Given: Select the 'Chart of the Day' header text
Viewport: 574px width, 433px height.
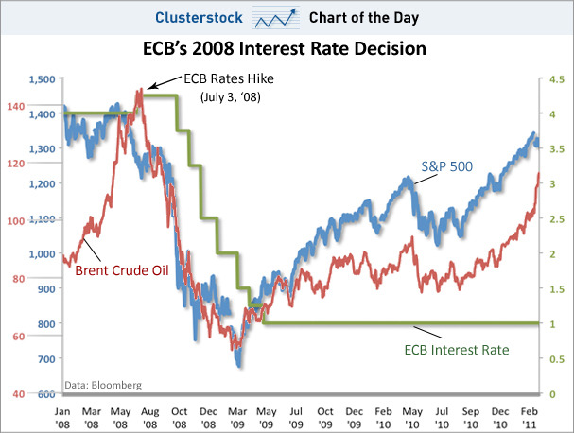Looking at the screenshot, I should coord(368,16).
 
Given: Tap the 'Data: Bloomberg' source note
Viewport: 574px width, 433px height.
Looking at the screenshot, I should coord(102,385).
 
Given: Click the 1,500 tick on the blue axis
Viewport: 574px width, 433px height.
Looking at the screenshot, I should coord(43,79).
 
